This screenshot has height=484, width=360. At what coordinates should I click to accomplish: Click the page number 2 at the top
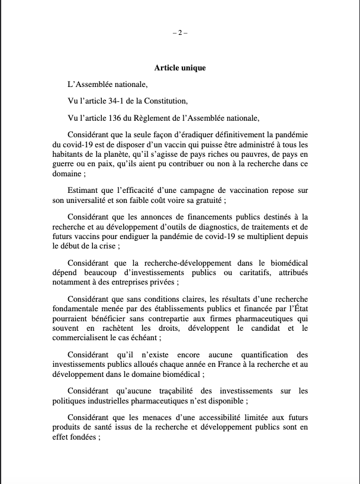click(179, 33)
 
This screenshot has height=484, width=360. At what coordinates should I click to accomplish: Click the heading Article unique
click(180, 68)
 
